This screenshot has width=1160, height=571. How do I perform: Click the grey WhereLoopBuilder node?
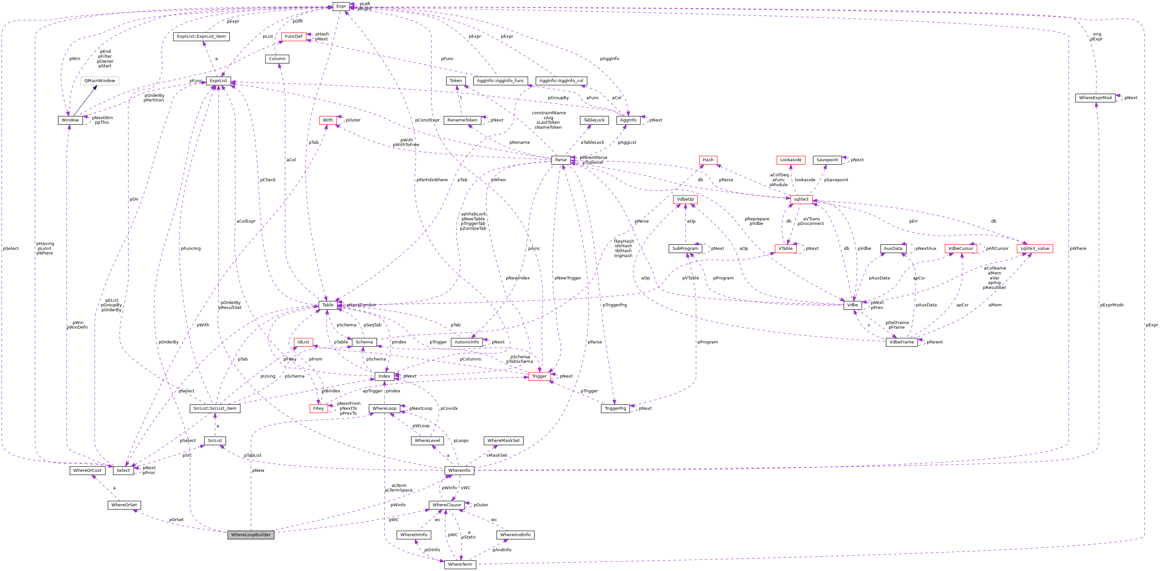coord(251,535)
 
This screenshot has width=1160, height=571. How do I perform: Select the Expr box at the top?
coord(341,6)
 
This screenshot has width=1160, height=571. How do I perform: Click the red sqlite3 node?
coord(801,199)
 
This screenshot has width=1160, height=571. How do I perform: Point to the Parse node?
coord(561,160)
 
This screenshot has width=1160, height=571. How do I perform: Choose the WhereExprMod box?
coord(1095,98)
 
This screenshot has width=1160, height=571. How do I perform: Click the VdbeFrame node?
coord(901,342)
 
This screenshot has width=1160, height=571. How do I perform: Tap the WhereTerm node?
coord(460,564)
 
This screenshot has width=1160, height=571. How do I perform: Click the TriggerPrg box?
coord(615,408)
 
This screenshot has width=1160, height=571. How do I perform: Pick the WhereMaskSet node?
coord(503,441)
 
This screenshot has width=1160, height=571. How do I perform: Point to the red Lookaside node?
coord(791,160)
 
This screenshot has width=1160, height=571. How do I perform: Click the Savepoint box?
coord(827,160)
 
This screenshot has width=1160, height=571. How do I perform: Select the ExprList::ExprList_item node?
coord(201,36)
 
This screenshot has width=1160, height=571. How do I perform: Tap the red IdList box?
coord(303,342)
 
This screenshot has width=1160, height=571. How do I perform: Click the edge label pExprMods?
coord(1112,305)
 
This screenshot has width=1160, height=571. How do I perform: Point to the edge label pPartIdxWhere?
coord(432,180)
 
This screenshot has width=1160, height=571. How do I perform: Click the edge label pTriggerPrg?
coord(614,305)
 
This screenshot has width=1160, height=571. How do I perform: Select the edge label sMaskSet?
coord(497,455)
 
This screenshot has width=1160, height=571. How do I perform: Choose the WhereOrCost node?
coord(87,470)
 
